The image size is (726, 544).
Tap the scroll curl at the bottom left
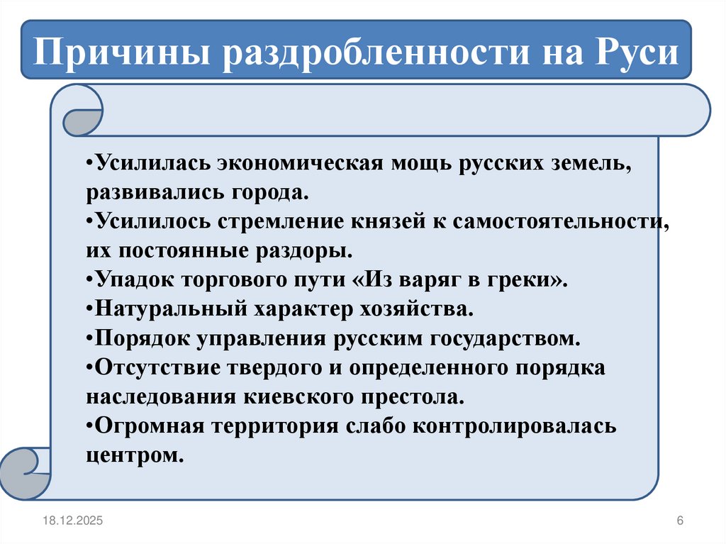click(25, 470)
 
